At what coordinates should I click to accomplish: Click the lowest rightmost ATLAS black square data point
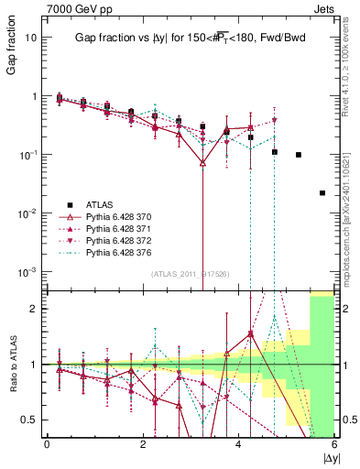coord(322,193)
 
